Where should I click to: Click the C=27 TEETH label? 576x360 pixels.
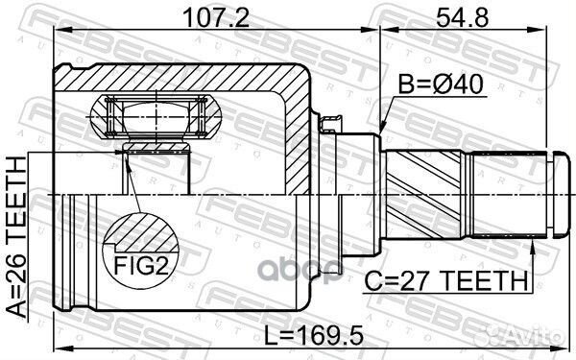point(446,281)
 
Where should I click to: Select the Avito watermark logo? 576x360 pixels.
point(533,338)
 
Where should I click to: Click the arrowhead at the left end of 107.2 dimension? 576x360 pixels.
point(56,32)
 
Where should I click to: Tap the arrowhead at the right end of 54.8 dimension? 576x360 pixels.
point(547,32)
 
